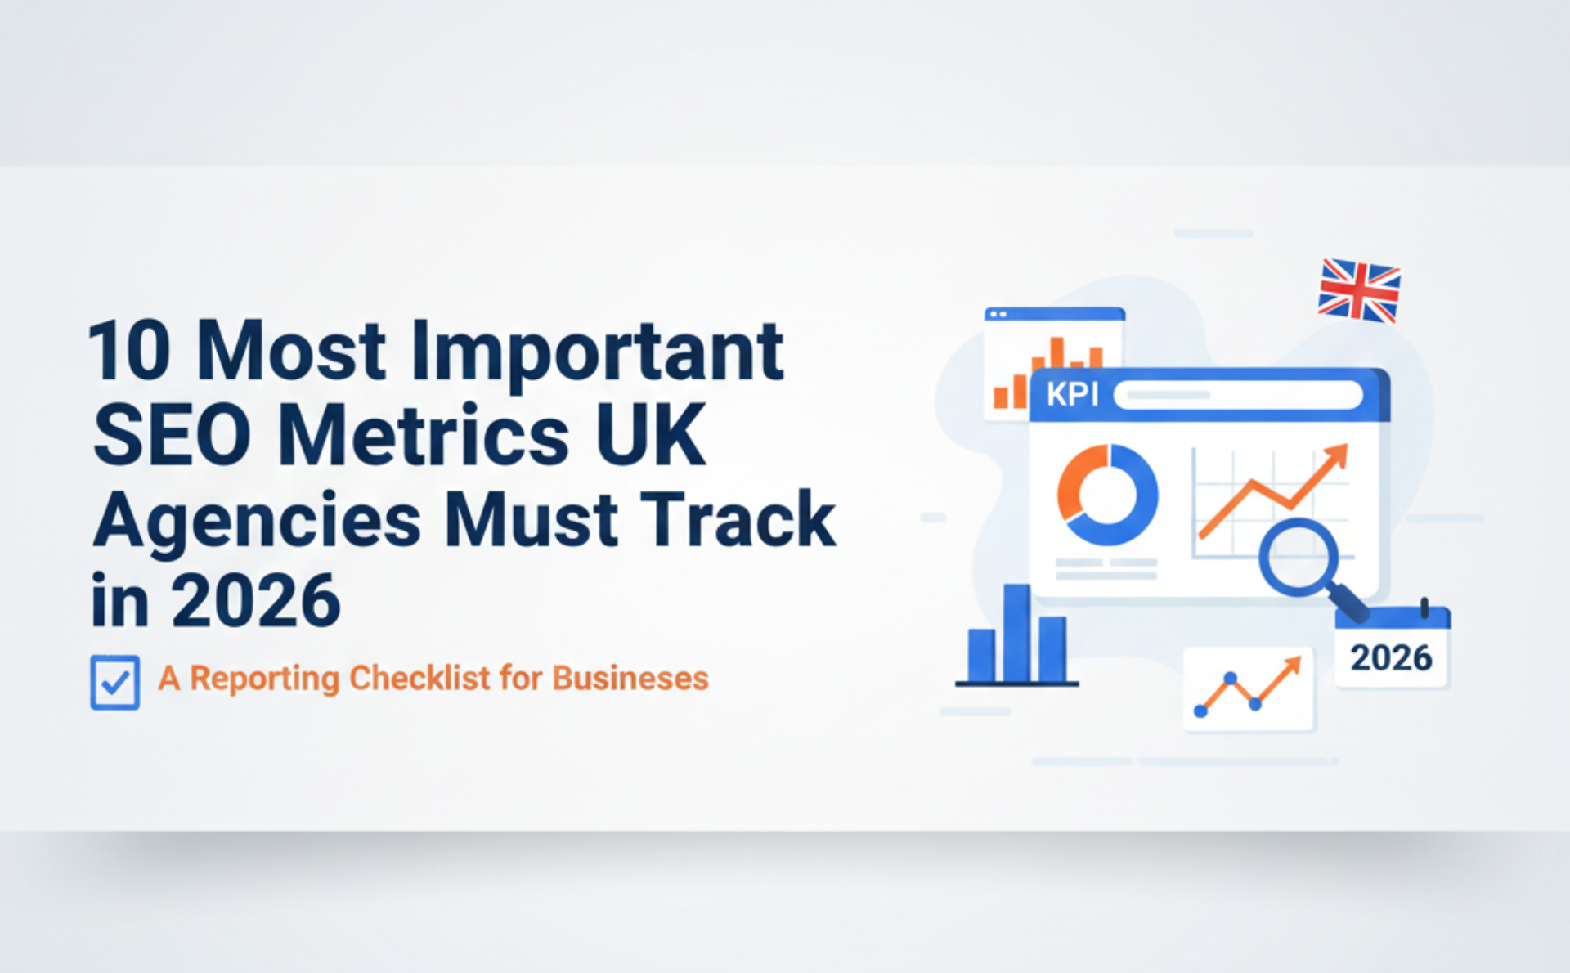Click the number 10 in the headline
[x=129, y=352]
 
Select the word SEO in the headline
[x=172, y=436]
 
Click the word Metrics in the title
[x=424, y=436]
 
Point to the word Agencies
[x=257, y=522]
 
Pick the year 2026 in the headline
[x=256, y=602]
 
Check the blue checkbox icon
[x=114, y=682]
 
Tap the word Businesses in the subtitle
[x=630, y=679]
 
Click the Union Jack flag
[x=1359, y=290]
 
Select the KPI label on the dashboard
[x=1072, y=395]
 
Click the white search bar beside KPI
[x=1237, y=395]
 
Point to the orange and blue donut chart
[x=1107, y=495]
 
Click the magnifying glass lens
[x=1298, y=559]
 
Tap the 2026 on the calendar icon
[x=1391, y=658]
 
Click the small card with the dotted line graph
[x=1248, y=689]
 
